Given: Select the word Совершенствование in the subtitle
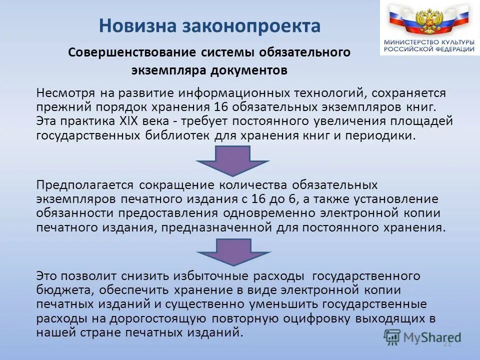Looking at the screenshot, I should [131, 52].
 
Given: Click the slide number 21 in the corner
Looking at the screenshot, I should [447, 344].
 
